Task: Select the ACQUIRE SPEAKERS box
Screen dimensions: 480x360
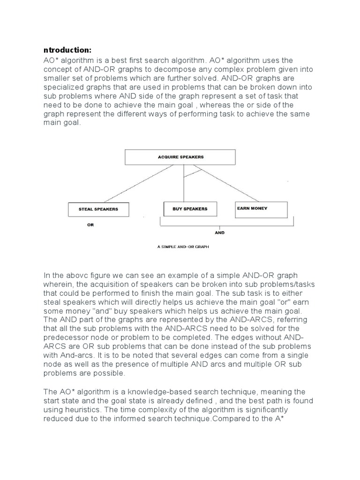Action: (180, 157)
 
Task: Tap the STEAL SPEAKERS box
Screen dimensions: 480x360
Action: (98, 209)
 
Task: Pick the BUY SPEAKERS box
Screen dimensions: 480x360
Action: (190, 209)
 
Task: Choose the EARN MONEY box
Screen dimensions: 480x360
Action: (260, 210)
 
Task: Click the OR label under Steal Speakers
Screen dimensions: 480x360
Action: (90, 225)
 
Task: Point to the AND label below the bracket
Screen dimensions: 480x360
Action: (219, 232)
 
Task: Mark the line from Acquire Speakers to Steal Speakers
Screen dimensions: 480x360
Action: (129, 184)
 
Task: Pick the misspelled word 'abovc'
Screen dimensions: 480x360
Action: (76, 275)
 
